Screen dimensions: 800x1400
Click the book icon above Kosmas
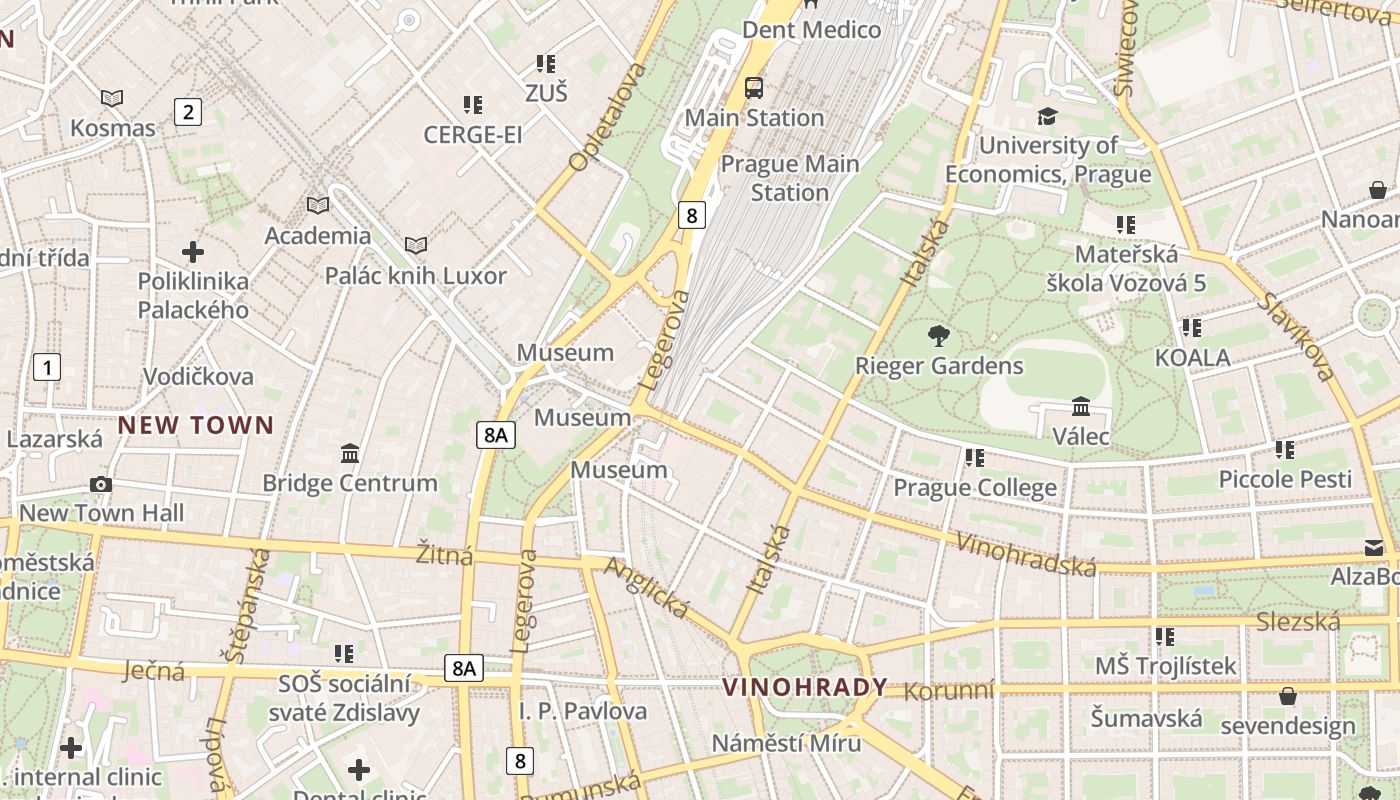(112, 98)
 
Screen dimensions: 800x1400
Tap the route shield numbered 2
(187, 112)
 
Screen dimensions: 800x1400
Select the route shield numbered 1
(46, 367)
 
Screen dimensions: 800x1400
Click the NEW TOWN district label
(196, 425)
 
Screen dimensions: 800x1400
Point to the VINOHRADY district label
(804, 687)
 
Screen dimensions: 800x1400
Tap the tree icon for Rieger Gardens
(938, 336)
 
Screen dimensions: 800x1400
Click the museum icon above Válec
(1081, 407)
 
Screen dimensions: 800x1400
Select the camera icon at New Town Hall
(100, 485)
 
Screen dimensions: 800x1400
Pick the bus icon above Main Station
(754, 88)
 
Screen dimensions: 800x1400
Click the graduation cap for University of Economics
(1047, 116)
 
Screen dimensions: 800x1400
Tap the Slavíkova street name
(1297, 337)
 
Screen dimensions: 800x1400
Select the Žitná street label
(445, 555)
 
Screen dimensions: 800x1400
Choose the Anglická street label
(647, 587)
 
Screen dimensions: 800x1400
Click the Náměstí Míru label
(786, 743)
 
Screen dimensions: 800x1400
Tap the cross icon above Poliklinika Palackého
(193, 252)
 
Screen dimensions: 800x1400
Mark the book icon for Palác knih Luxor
(415, 246)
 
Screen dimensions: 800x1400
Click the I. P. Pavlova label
(583, 711)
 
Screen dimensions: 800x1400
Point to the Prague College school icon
(975, 458)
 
